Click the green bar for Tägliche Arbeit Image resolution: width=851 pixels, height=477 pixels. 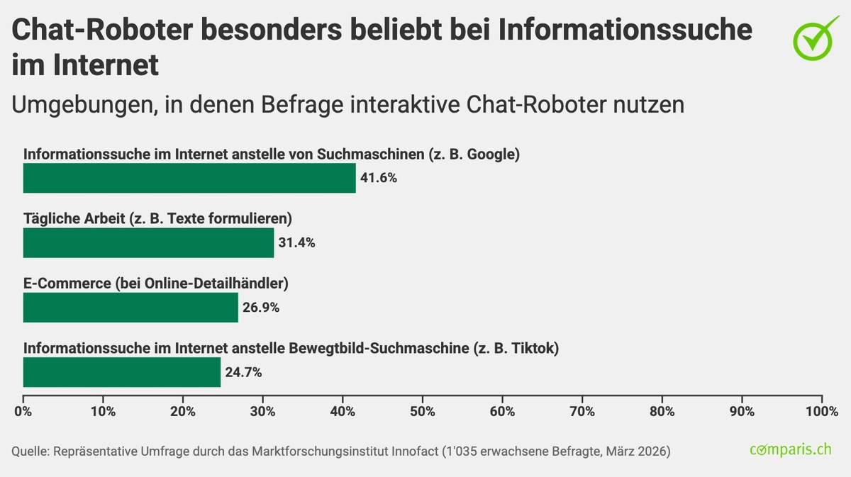pos(148,242)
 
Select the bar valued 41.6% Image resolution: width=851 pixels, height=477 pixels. pos(189,178)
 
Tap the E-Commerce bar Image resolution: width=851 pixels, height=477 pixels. pos(130,308)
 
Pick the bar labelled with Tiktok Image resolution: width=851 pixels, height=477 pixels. pos(122,372)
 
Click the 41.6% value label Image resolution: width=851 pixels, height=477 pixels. pos(379,178)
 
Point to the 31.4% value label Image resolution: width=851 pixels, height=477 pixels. pos(296,242)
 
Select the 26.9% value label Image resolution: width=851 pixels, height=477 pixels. pos(261,308)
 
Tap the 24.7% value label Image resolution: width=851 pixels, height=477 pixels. pos(243,372)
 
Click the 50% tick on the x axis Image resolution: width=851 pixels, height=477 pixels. pos(423,411)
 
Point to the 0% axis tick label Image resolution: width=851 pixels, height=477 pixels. pos(23,411)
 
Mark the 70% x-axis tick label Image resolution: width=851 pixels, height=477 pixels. pos(582,411)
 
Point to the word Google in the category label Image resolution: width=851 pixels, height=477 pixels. pos(494,154)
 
